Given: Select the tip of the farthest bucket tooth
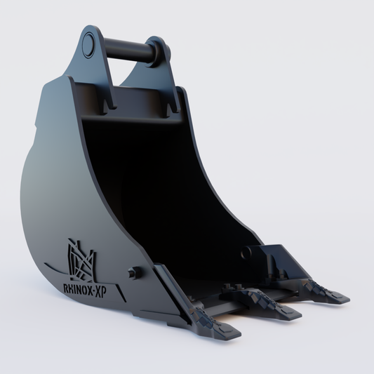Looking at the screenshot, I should click(345, 299).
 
